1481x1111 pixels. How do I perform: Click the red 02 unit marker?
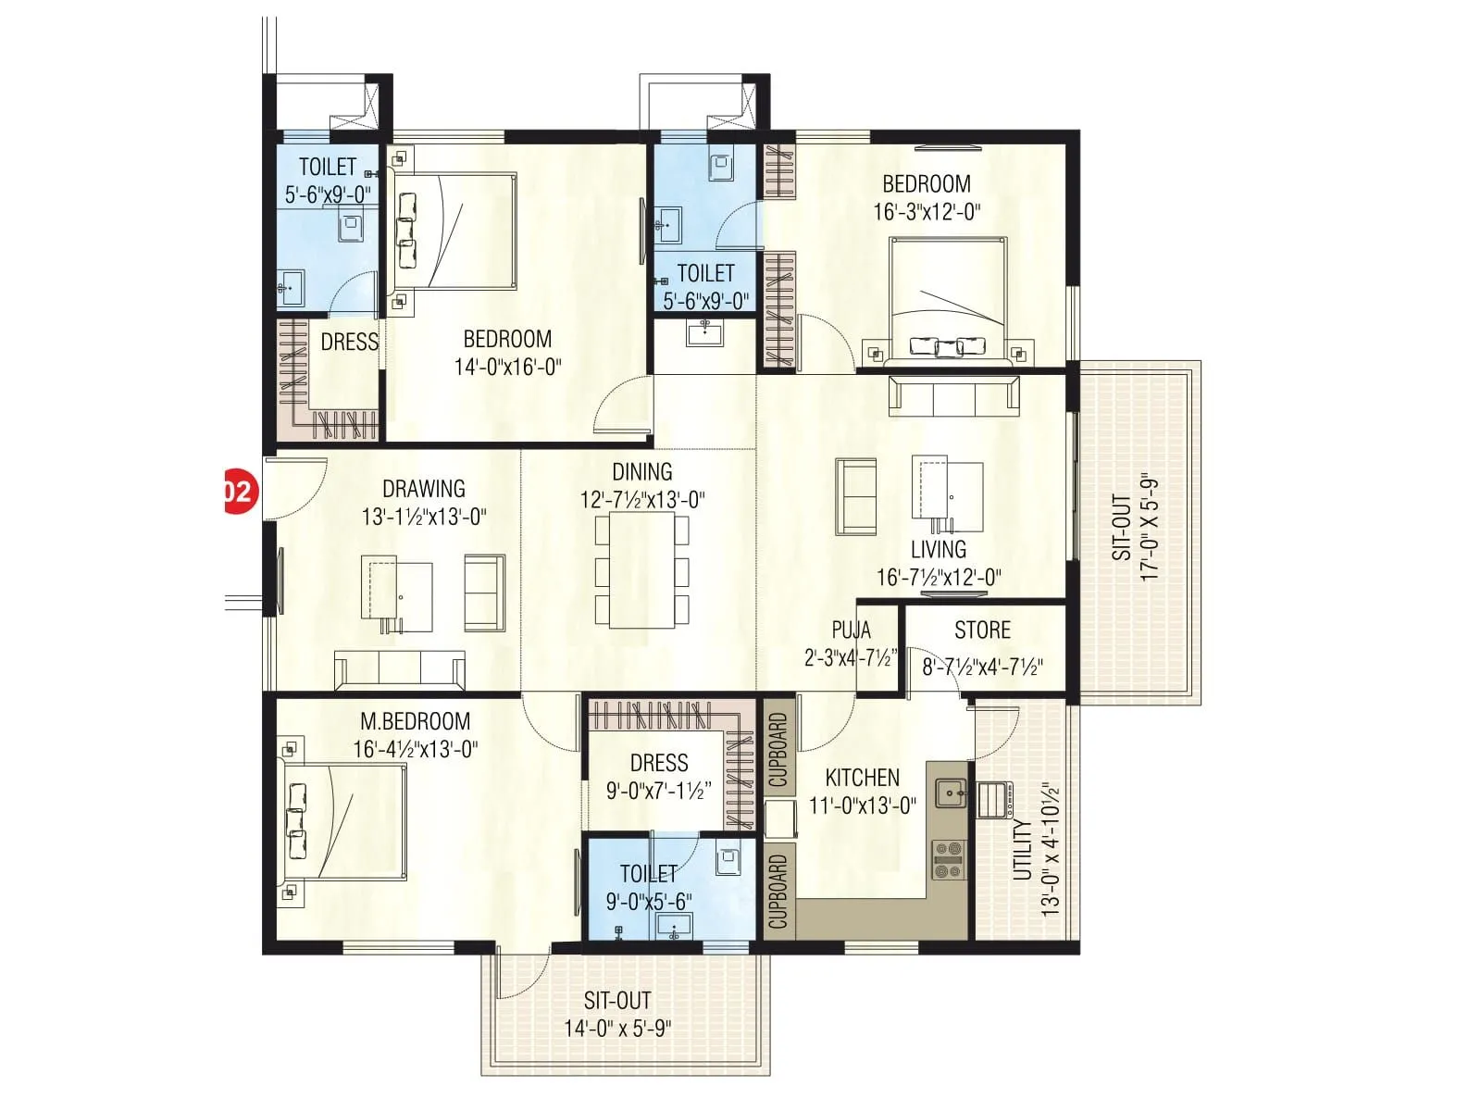(x=238, y=491)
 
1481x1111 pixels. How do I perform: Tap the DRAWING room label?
(x=424, y=488)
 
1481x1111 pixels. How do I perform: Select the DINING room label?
(x=641, y=471)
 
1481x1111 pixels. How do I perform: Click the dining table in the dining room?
(x=642, y=570)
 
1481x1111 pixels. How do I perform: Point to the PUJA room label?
(x=851, y=630)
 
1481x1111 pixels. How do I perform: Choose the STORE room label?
(x=982, y=630)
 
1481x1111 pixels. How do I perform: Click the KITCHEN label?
(x=862, y=777)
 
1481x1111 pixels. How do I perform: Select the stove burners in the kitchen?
(x=948, y=859)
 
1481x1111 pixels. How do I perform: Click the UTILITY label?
(x=1022, y=849)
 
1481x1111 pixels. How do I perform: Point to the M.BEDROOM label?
(x=415, y=720)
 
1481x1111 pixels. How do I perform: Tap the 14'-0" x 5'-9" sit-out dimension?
(x=617, y=1028)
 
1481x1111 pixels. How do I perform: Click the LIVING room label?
(x=938, y=549)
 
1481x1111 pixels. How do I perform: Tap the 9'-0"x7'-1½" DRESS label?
(x=659, y=763)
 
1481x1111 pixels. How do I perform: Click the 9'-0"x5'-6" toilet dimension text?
(x=648, y=901)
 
